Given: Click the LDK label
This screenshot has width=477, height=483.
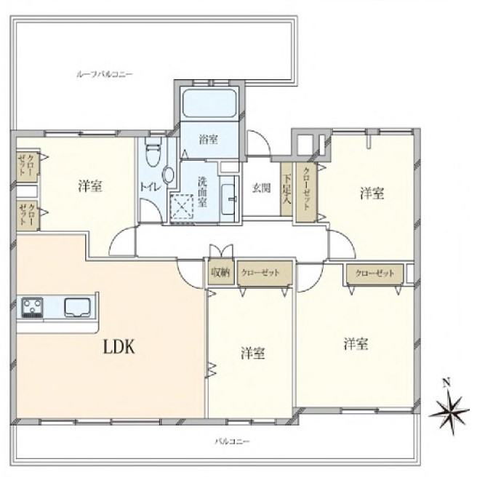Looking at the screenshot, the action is point(119,347).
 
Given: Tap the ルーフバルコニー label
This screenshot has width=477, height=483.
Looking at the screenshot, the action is point(105,74).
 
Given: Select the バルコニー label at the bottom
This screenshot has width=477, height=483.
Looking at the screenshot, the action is point(232,442).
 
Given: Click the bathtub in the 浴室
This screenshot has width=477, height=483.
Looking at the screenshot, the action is point(209,103).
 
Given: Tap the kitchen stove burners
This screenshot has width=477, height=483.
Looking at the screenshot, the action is point(32,307).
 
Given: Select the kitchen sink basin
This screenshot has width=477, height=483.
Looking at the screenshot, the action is point(77,307).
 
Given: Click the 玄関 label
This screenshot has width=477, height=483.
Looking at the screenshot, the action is point(262,188).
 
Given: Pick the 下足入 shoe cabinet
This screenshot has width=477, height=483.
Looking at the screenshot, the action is point(286,189).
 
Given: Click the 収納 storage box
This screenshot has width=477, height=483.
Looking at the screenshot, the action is point(220,273).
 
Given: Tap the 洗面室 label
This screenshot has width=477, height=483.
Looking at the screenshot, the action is point(202,191).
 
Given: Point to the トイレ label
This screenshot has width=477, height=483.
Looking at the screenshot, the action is point(151,187).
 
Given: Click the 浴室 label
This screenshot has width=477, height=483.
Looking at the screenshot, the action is point(209,140).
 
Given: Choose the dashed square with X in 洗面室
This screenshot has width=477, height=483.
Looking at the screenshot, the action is point(182,207).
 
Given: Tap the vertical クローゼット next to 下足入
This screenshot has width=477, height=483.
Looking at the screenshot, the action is point(306,191).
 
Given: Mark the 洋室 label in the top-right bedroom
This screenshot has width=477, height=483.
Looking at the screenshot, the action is point(372,193).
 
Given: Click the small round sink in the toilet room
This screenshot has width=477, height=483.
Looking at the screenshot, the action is point(169,175).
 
